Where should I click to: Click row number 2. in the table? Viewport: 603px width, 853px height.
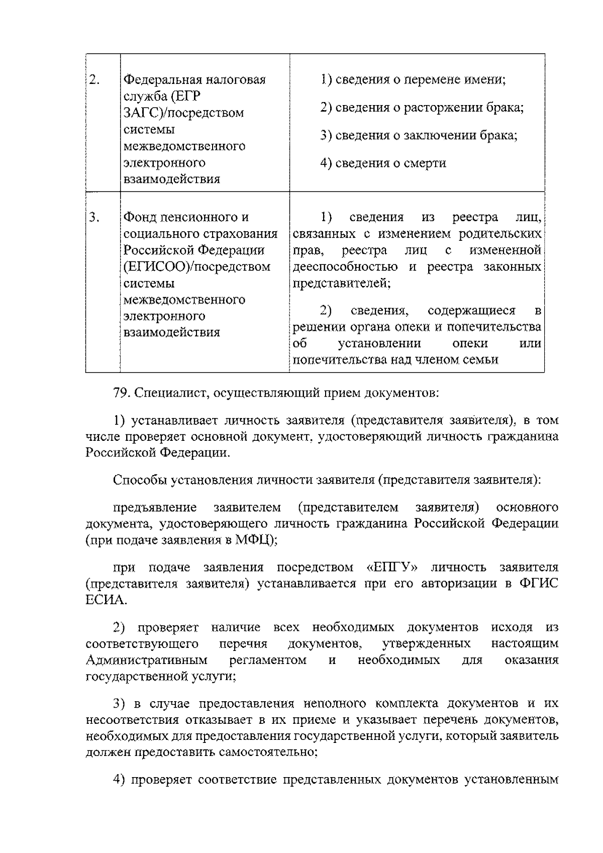tap(94, 80)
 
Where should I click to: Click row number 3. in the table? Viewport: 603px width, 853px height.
tap(94, 217)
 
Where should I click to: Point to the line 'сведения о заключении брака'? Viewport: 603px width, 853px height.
tap(419, 135)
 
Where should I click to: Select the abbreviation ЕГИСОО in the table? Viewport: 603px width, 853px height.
tap(156, 267)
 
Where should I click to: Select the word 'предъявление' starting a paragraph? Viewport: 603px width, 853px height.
tap(154, 507)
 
